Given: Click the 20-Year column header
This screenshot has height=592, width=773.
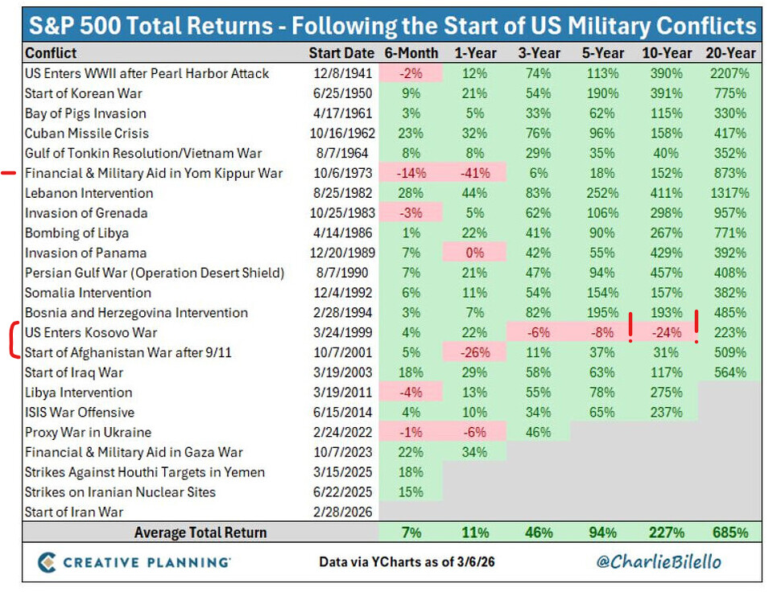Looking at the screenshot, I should point(731,53).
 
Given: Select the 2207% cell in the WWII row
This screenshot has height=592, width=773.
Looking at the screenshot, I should point(731,73).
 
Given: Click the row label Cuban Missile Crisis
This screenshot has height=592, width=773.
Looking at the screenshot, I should point(87,133).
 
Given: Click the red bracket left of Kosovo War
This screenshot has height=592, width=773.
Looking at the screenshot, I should point(14,342).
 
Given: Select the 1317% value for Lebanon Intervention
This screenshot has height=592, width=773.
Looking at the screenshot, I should point(731,193).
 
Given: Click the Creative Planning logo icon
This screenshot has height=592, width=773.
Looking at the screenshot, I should point(47,561).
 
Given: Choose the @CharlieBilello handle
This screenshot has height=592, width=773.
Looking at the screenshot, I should point(659,561).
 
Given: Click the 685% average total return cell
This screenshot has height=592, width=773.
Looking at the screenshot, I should point(731,532).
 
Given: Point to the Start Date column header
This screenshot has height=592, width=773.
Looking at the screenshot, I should point(341,53).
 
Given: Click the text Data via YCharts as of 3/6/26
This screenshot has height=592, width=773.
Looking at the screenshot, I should point(407,562).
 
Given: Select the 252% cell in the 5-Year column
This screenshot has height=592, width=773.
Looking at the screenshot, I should point(602,193).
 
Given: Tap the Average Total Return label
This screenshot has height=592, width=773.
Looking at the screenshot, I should point(200,532).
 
